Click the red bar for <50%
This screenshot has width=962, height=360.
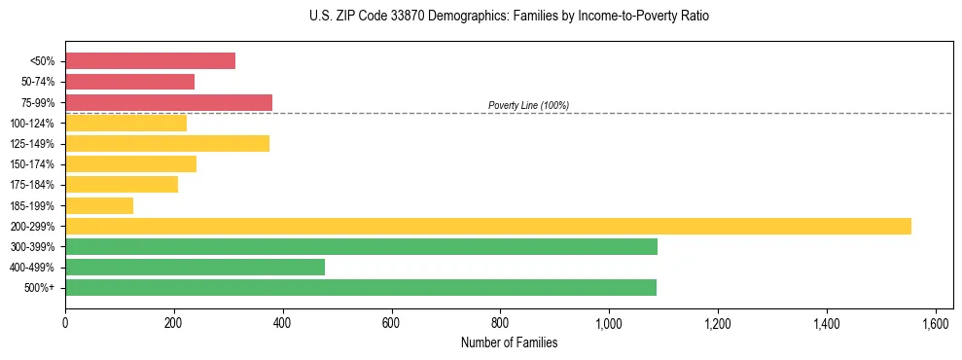(x=150, y=61)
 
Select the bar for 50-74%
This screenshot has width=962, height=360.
(x=129, y=82)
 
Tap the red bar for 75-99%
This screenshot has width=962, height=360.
(x=168, y=102)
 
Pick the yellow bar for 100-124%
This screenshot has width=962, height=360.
(x=125, y=123)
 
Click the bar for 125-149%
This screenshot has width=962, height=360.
(x=167, y=144)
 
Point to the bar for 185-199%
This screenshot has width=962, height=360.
(x=99, y=205)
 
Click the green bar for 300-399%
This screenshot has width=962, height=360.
(x=361, y=246)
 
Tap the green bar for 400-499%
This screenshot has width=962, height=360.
(x=195, y=267)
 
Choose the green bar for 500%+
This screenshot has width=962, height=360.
(x=361, y=287)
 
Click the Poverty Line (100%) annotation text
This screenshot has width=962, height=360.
(x=528, y=105)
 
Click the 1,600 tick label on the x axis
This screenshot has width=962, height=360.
(x=935, y=323)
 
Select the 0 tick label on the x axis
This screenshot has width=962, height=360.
(x=65, y=323)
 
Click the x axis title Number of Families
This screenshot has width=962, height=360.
(x=509, y=342)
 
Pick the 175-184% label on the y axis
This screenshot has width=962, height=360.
(x=32, y=185)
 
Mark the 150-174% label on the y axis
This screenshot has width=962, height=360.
(x=32, y=164)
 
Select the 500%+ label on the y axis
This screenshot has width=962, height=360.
(x=40, y=288)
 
